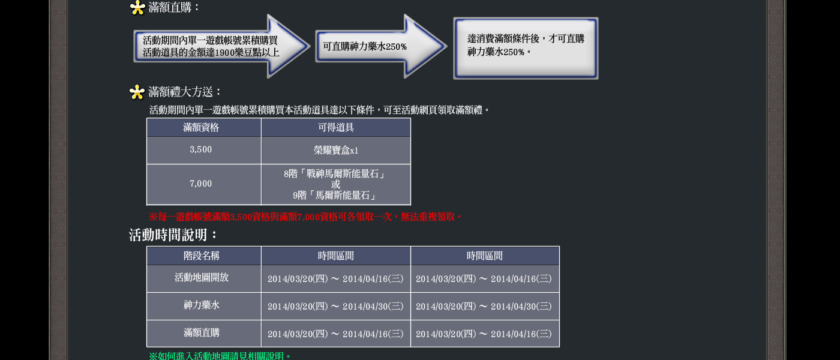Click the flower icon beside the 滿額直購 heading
pos(137,8)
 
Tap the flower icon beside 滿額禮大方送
pos(137,92)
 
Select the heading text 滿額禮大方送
pos(185,92)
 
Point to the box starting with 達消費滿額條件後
pos(526,48)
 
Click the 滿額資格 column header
pos(201,128)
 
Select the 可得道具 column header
pos(336,128)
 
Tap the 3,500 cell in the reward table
pos(201,150)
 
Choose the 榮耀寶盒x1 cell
pos(336,151)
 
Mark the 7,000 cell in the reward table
pos(201,184)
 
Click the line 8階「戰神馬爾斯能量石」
pos(336,174)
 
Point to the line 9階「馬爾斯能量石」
pos(336,196)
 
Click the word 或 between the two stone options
pos(336,185)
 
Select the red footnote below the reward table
pos(305,217)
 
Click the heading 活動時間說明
pos(174,235)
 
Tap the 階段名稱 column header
pos(202,256)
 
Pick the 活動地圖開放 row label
pos(202,278)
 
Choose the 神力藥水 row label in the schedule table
pos(202,305)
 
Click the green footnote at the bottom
pos(220,356)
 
